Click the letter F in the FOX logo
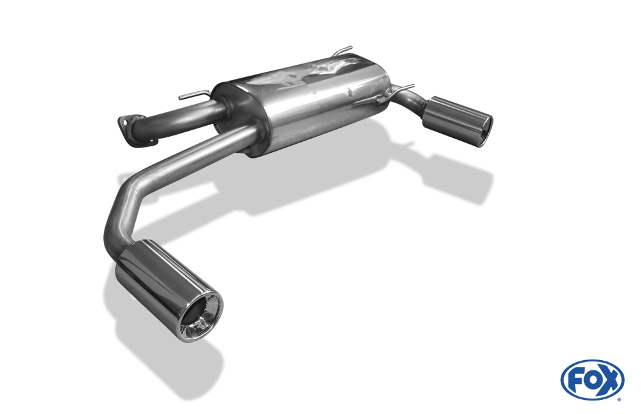(x=574, y=381)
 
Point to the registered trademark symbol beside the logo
(x=619, y=399)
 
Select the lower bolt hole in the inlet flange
(x=152, y=141)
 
